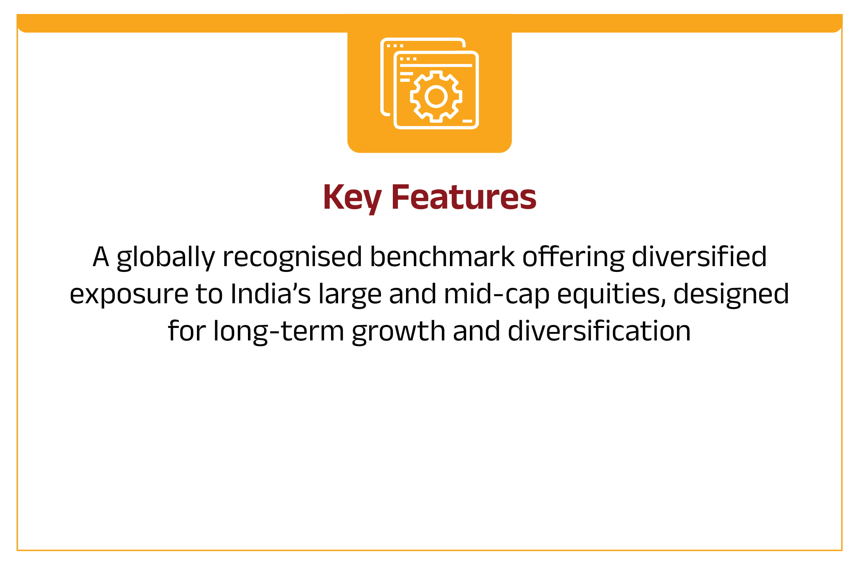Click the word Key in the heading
[x=352, y=199]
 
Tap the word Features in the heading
[x=464, y=197]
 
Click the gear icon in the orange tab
[x=436, y=97]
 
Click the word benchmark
[x=442, y=257]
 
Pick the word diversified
[x=699, y=257]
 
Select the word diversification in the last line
[x=599, y=331]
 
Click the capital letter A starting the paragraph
[x=101, y=257]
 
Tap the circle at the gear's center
[x=436, y=97]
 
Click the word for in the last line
[x=187, y=331]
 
